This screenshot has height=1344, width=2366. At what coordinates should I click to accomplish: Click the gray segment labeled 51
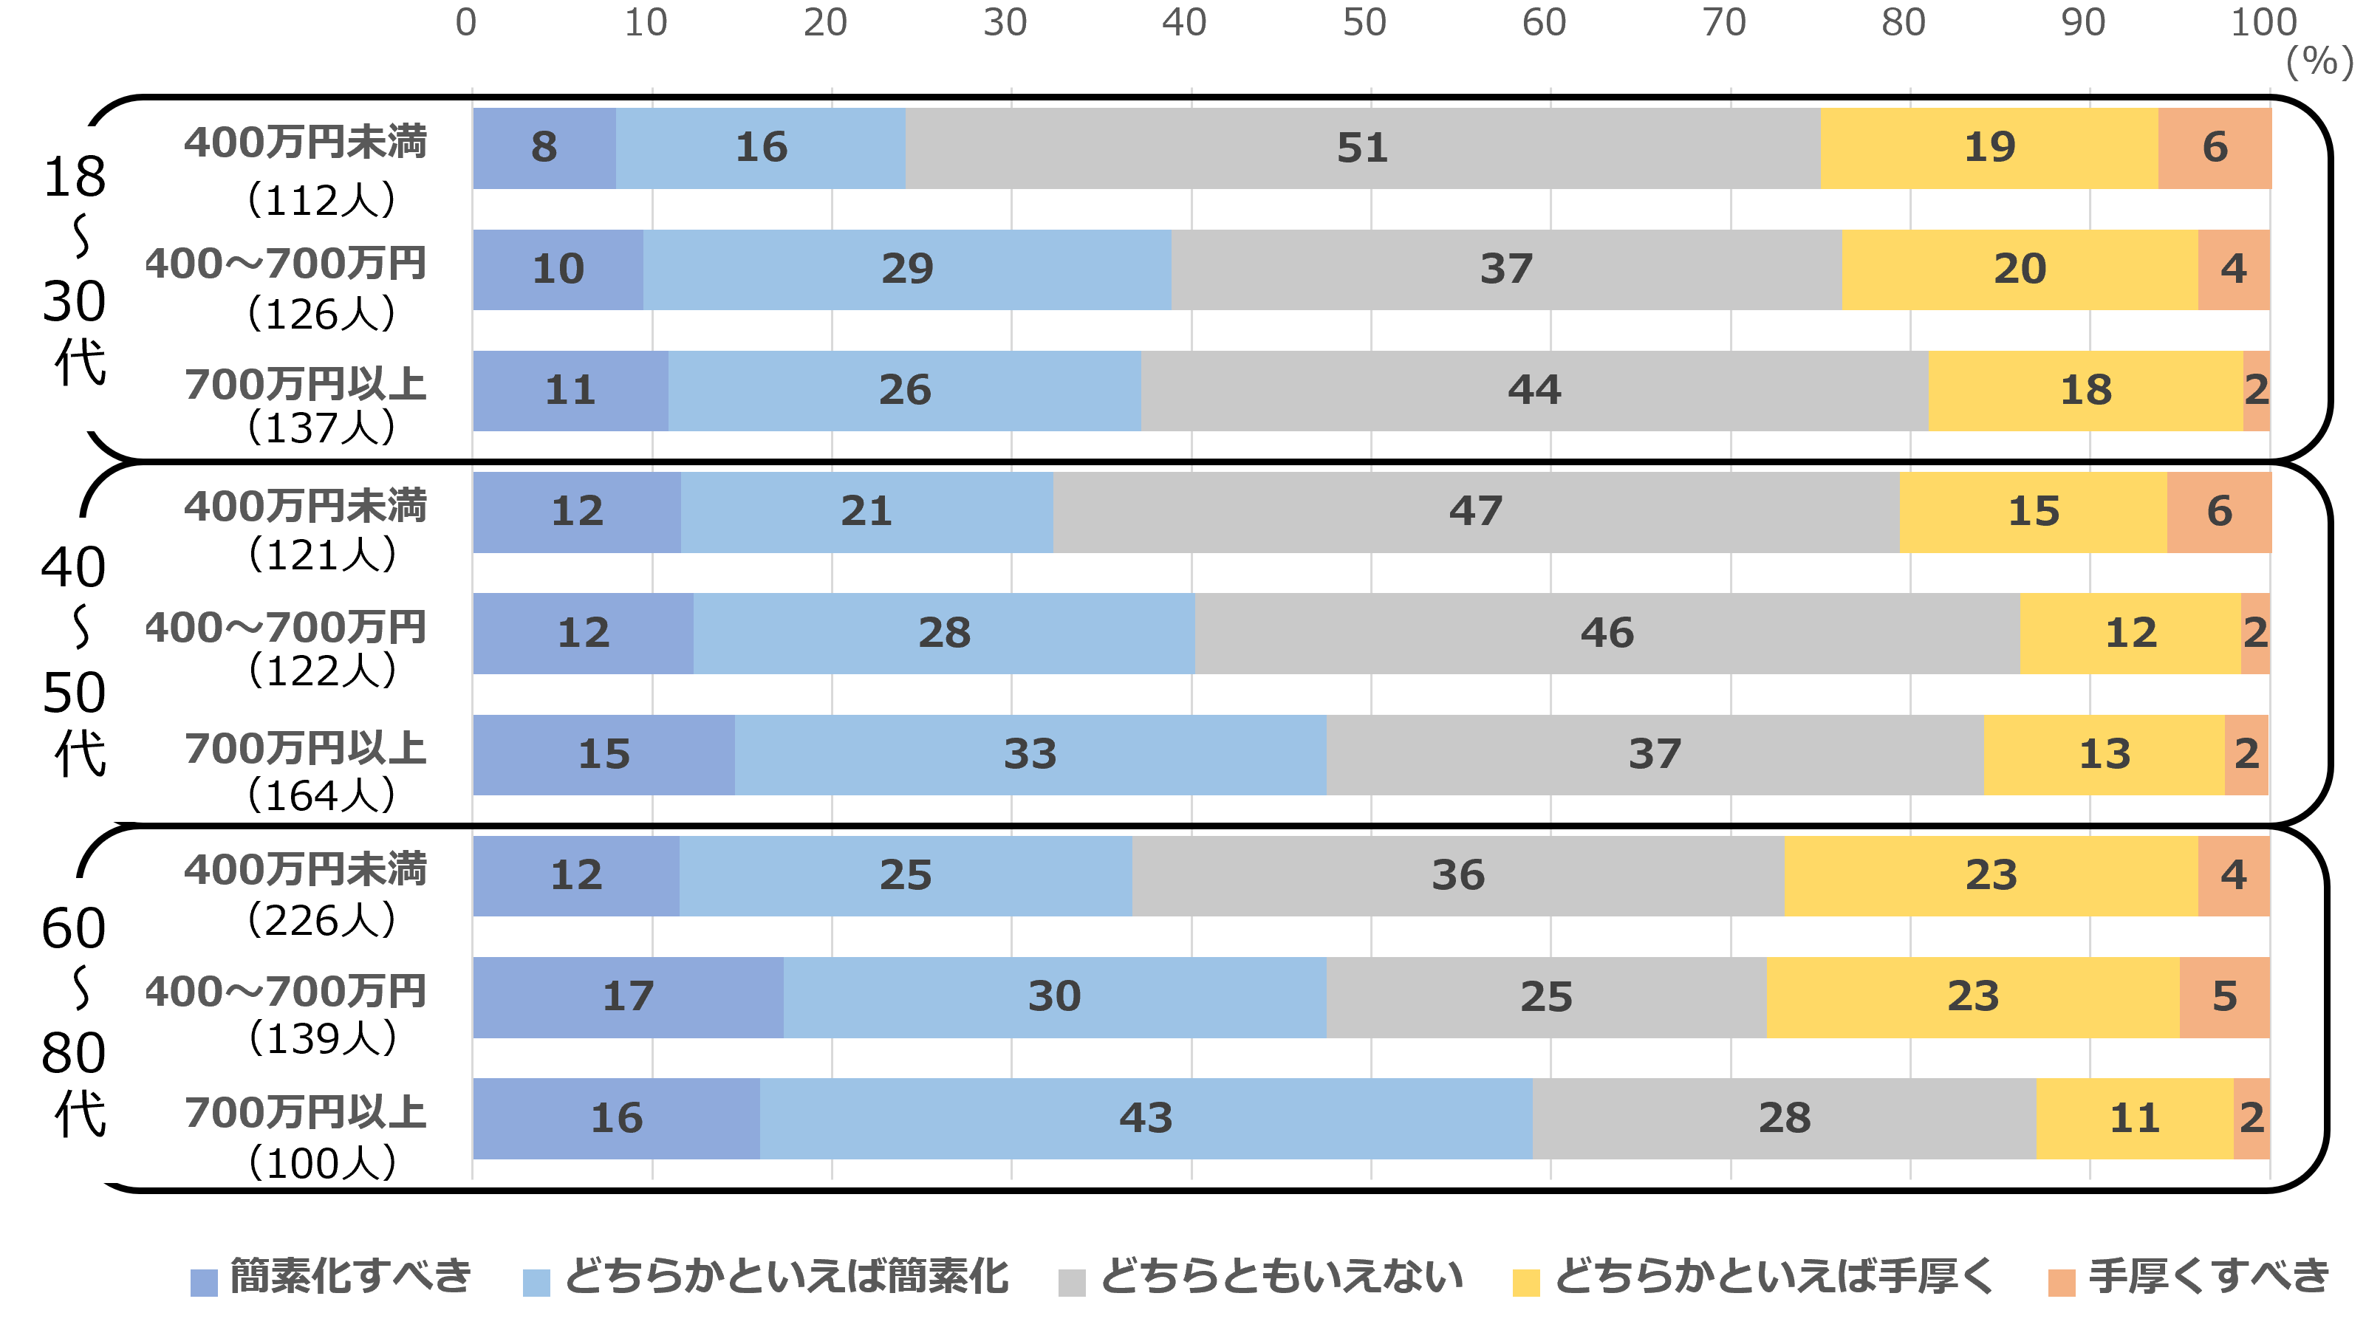pyautogui.click(x=1363, y=148)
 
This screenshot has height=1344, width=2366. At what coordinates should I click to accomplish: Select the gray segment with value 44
pyautogui.click(x=1534, y=391)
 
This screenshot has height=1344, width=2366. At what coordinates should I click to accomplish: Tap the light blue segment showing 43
pyautogui.click(x=1146, y=1118)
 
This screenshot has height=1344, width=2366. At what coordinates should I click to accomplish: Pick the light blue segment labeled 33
pyautogui.click(x=1030, y=754)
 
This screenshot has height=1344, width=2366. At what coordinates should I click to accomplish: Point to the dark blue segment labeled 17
pyautogui.click(x=628, y=997)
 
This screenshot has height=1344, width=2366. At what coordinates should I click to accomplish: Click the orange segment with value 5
pyautogui.click(x=2225, y=997)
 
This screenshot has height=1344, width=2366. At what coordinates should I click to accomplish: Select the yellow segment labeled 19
pyautogui.click(x=1989, y=148)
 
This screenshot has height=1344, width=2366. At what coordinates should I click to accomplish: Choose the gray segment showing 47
pyautogui.click(x=1475, y=511)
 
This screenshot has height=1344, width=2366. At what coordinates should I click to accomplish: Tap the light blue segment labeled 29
pyautogui.click(x=906, y=270)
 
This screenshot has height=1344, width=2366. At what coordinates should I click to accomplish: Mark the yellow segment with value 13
pyautogui.click(x=2104, y=754)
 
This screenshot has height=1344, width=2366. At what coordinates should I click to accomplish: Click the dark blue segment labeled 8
pyautogui.click(x=544, y=148)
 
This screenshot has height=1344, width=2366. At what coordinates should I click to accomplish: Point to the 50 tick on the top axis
pyautogui.click(x=1364, y=23)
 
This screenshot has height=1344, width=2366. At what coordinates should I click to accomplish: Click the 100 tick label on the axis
pyautogui.click(x=2263, y=23)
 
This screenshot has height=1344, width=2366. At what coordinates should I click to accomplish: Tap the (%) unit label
pyautogui.click(x=2319, y=63)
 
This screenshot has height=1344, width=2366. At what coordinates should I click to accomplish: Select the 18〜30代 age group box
pyautogui.click(x=81, y=278)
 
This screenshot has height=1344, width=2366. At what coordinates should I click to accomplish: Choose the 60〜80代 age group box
pyautogui.click(x=81, y=1030)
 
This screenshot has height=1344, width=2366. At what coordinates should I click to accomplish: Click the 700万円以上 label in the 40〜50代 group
pyautogui.click(x=306, y=750)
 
